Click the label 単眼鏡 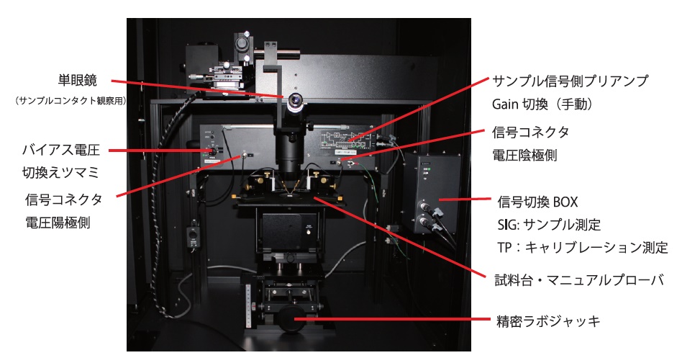tap(78, 81)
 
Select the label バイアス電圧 tap(61, 150)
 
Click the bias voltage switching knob tap(213, 151)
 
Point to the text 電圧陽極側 tap(58, 223)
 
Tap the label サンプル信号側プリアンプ tap(571, 81)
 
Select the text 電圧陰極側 tap(524, 154)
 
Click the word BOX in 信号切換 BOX tap(565, 202)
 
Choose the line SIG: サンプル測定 tap(549, 225)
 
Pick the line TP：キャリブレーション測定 tap(583, 248)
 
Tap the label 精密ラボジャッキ tap(548, 321)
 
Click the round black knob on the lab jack tap(290, 319)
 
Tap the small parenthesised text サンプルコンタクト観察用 tap(71, 101)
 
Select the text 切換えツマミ tap(61, 172)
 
